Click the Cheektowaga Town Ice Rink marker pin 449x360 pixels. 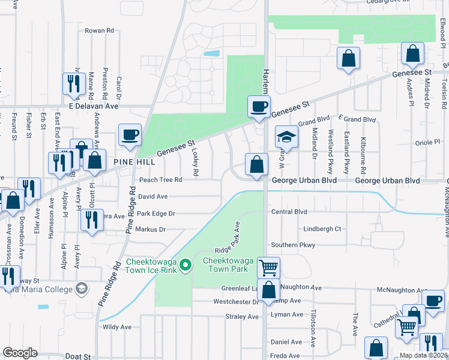pyautogui.click(x=186, y=264)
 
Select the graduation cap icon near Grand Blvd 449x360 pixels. pyautogui.click(x=287, y=137)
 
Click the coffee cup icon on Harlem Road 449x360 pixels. pyautogui.click(x=259, y=107)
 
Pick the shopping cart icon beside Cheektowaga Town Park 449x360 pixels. pyautogui.click(x=268, y=267)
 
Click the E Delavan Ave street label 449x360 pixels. pyautogui.click(x=93, y=106)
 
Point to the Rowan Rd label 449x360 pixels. pyautogui.click(x=99, y=31)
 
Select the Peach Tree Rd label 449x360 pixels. pyautogui.click(x=160, y=180)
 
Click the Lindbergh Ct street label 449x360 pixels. pyautogui.click(x=322, y=229)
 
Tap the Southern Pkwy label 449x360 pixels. pyautogui.click(x=292, y=245)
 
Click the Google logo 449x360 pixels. pyautogui.click(x=20, y=353)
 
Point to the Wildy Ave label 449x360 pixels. pyautogui.click(x=117, y=327)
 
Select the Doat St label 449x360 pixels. pyautogui.click(x=77, y=356)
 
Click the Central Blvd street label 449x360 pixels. pyautogui.click(x=289, y=212)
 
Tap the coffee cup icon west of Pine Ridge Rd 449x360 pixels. pyautogui.click(x=129, y=135)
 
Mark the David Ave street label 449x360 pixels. pyautogui.click(x=152, y=196)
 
